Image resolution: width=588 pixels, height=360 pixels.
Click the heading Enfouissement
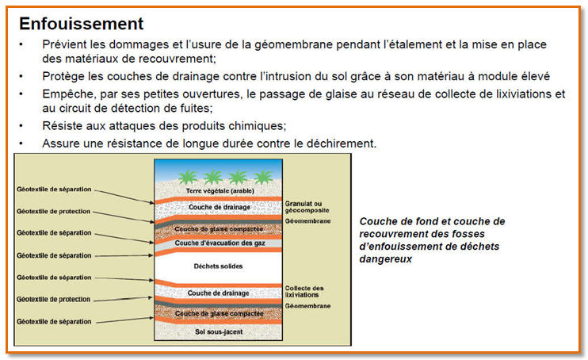click(82, 23)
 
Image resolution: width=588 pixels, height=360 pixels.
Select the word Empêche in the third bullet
click(69, 94)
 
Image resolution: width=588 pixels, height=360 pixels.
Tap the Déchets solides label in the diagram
click(218, 266)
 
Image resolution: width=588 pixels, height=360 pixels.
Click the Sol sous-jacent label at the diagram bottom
click(218, 331)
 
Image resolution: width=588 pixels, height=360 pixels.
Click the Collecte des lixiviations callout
click(305, 291)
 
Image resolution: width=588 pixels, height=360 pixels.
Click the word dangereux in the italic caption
click(385, 259)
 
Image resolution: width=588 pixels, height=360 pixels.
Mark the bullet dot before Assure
click(22, 143)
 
